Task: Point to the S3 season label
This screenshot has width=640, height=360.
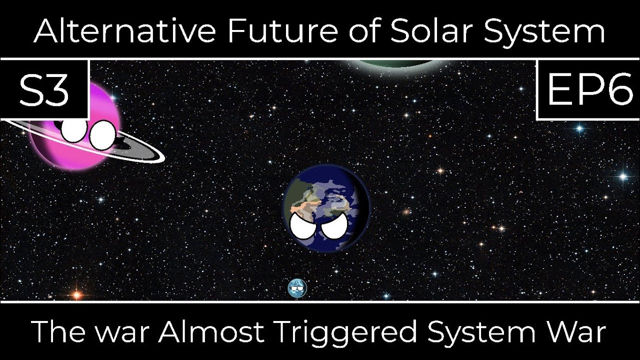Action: pyautogui.click(x=44, y=91)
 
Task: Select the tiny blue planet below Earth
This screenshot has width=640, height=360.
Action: pyautogui.click(x=296, y=288)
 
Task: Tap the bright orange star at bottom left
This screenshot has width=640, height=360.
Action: pyautogui.click(x=76, y=294)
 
